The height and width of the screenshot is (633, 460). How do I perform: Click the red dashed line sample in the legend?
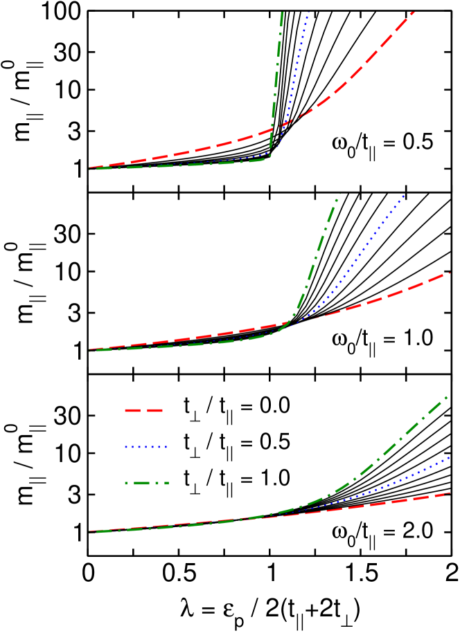click(143, 410)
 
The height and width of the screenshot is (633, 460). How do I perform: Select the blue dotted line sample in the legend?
click(146, 447)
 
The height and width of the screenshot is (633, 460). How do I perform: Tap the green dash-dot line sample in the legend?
click(146, 483)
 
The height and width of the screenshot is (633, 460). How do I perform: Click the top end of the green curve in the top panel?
click(282, 12)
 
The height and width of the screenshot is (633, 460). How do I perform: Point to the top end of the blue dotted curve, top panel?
click(308, 12)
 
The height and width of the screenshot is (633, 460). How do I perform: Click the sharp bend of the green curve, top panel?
click(269, 156)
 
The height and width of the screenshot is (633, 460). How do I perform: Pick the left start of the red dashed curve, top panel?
click(90, 167)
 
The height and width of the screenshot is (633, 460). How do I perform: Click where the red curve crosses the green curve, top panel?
click(285, 125)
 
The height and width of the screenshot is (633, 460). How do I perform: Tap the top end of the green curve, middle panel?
click(339, 195)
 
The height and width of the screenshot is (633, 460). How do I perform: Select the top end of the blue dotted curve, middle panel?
click(405, 195)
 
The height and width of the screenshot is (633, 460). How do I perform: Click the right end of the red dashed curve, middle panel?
click(450, 273)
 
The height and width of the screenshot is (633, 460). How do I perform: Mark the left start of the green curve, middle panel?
click(97, 350)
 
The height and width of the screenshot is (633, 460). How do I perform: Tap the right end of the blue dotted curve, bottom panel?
click(450, 457)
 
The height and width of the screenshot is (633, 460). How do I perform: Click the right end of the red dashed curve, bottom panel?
click(450, 493)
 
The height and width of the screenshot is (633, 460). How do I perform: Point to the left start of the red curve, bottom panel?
click(90, 531)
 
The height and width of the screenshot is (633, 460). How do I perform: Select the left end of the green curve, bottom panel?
click(97, 531)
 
